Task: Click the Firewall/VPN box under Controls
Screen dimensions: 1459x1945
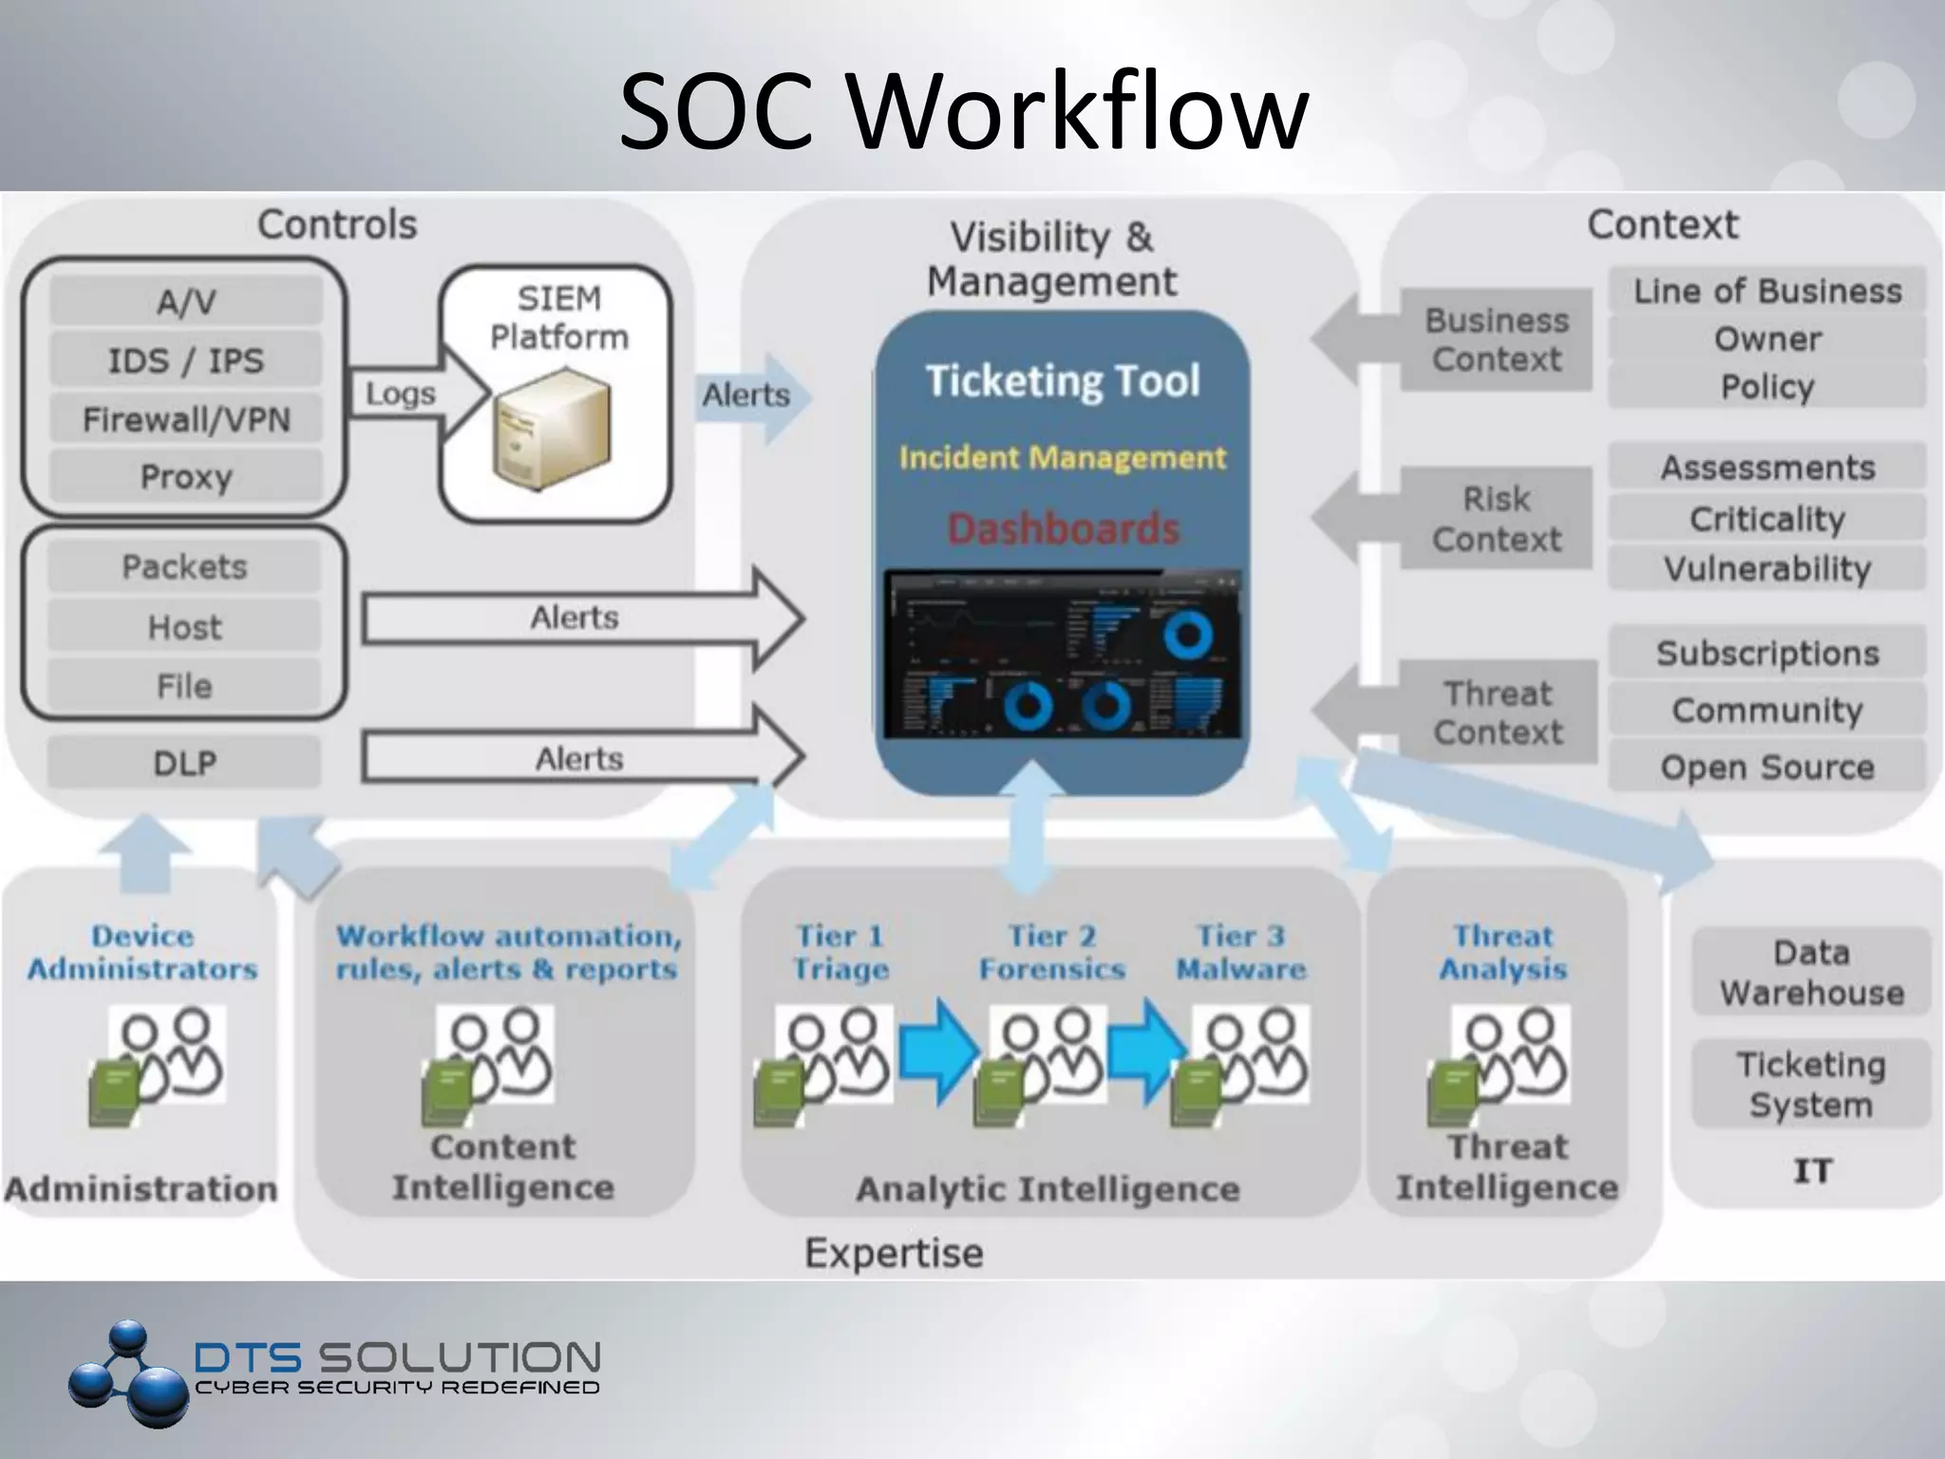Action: (x=186, y=419)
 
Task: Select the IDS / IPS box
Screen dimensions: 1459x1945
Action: (x=186, y=360)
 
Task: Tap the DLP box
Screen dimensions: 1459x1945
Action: (x=184, y=763)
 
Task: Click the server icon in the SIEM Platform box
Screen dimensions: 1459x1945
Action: (x=552, y=427)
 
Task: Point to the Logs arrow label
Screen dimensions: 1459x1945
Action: (x=401, y=393)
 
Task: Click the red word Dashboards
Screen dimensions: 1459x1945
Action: (x=1063, y=529)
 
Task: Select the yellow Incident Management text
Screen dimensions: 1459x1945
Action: (x=1063, y=458)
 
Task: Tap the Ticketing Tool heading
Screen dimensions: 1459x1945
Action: (x=1063, y=381)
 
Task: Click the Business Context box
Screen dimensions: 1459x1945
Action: (x=1496, y=340)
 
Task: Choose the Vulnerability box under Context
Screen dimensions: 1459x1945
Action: (x=1766, y=568)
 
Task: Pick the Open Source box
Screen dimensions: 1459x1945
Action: (x=1766, y=767)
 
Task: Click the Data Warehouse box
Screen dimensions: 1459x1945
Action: (x=1811, y=973)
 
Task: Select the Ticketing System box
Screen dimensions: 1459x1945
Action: (x=1811, y=1085)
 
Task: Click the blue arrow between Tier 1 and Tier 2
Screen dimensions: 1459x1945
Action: (x=938, y=1051)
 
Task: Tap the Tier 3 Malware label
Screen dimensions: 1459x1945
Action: (x=1240, y=953)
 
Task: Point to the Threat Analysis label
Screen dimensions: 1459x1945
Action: (x=1503, y=953)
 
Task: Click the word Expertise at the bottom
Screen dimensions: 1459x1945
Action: (x=894, y=1253)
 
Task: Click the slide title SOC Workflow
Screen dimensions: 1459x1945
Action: (x=963, y=112)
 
